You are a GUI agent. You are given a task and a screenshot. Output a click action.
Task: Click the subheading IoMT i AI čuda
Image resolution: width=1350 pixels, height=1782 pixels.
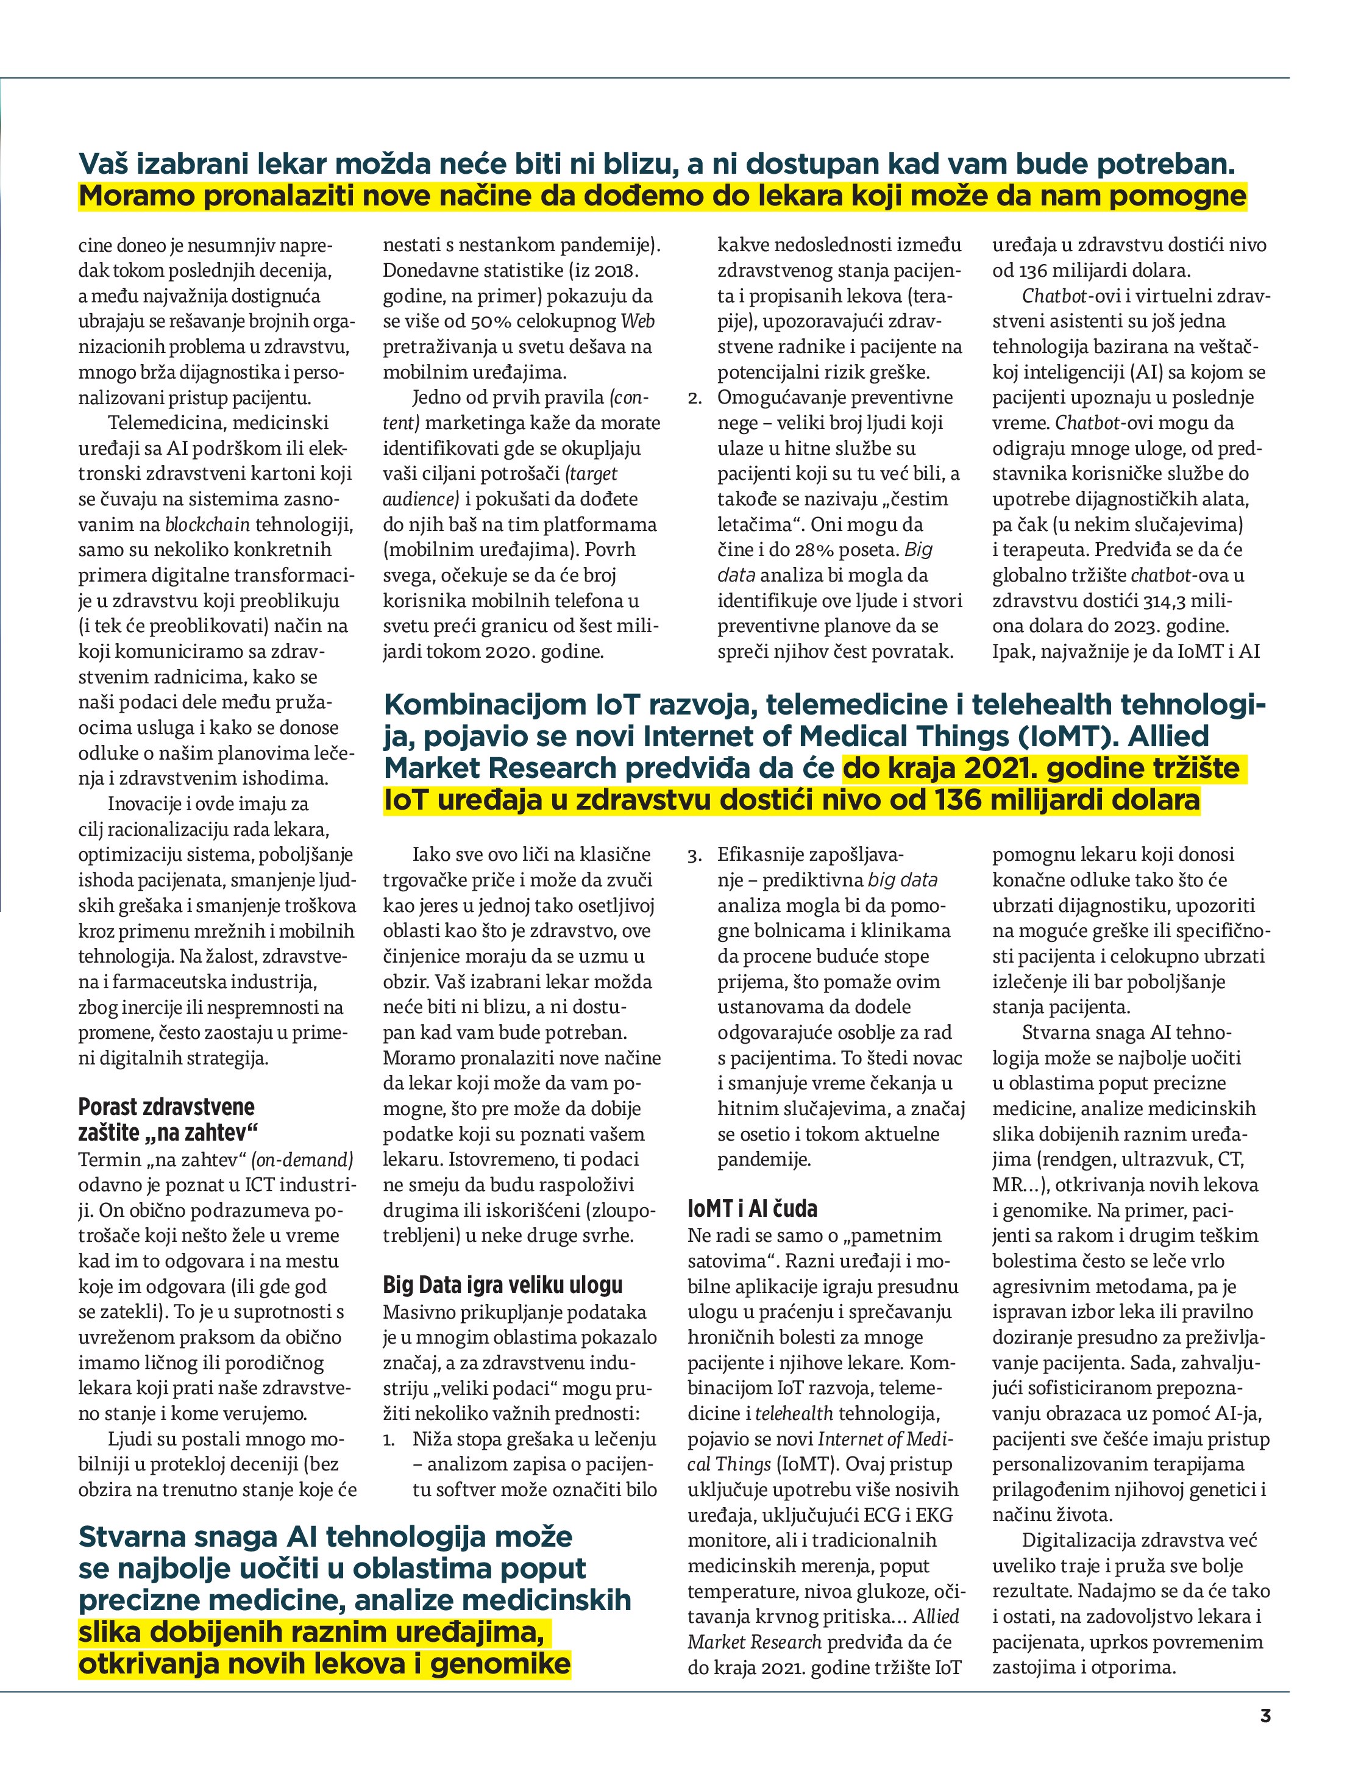pos(752,1208)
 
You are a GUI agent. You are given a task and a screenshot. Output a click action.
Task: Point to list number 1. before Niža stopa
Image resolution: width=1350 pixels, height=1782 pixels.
pos(389,1439)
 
